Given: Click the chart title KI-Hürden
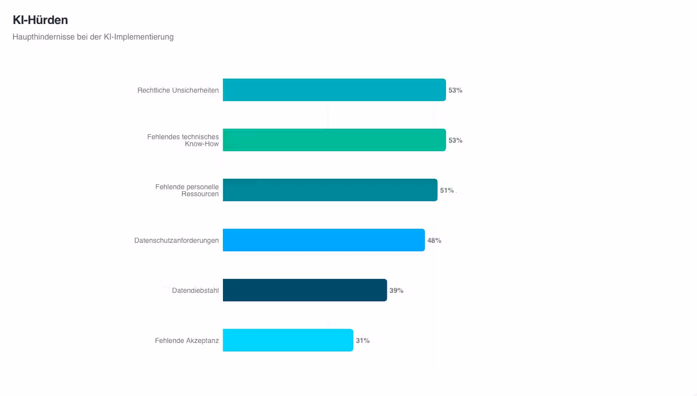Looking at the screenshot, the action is point(40,20).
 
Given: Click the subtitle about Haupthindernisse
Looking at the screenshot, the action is point(93,37).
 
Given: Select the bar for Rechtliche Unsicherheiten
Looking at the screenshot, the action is point(334,90).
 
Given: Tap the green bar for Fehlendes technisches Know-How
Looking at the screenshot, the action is point(334,140).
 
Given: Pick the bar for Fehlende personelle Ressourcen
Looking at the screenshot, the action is point(330,190).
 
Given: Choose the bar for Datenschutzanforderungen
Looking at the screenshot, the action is point(324,240).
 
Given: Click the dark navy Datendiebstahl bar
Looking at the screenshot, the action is point(305,290).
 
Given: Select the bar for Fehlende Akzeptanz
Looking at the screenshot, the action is point(288,340).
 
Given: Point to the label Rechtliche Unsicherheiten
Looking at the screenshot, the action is point(178,90).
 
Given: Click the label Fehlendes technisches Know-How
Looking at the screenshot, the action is point(183,140).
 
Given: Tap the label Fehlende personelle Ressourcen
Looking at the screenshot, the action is point(187,190).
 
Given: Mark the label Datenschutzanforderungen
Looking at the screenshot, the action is point(176,240).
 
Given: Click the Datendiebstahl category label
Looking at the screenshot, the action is point(195,290).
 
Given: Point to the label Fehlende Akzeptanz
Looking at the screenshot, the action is point(187,340).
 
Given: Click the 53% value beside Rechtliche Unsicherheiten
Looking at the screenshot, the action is point(455,90).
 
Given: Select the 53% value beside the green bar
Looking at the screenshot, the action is point(455,140).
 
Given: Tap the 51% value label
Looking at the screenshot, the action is point(447,190).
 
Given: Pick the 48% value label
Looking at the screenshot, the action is point(434,240).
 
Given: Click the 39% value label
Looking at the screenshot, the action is point(396,290).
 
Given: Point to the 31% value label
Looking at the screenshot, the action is point(363,340).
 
